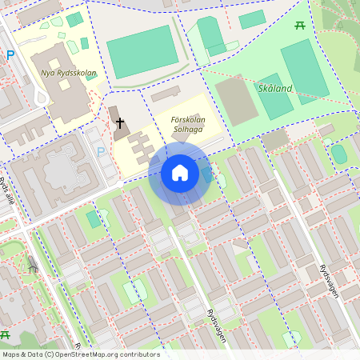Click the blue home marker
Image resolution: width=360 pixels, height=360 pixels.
[x=179, y=173]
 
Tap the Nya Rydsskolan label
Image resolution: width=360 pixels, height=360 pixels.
[x=68, y=74]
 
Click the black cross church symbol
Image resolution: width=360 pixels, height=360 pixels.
[x=120, y=124]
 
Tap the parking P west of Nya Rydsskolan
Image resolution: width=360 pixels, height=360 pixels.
[x=10, y=55]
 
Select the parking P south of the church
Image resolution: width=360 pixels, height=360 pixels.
[x=101, y=150]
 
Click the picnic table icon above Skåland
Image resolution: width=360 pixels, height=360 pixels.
[x=301, y=26]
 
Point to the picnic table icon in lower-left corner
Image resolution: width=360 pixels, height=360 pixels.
[x=5, y=334]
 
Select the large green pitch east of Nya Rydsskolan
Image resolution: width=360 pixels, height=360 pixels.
[x=142, y=51]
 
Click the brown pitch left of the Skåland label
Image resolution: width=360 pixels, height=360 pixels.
[x=236, y=99]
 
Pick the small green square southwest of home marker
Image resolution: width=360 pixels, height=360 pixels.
[x=94, y=218]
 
